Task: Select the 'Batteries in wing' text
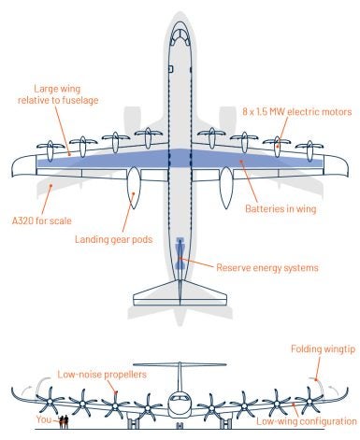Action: click(284, 207)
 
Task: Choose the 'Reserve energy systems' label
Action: click(266, 267)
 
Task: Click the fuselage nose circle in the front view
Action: click(180, 405)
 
